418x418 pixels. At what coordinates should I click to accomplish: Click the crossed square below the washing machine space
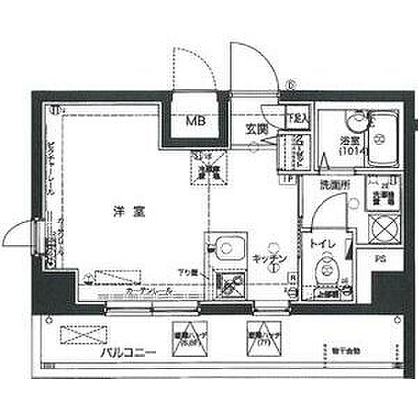[382, 228]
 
